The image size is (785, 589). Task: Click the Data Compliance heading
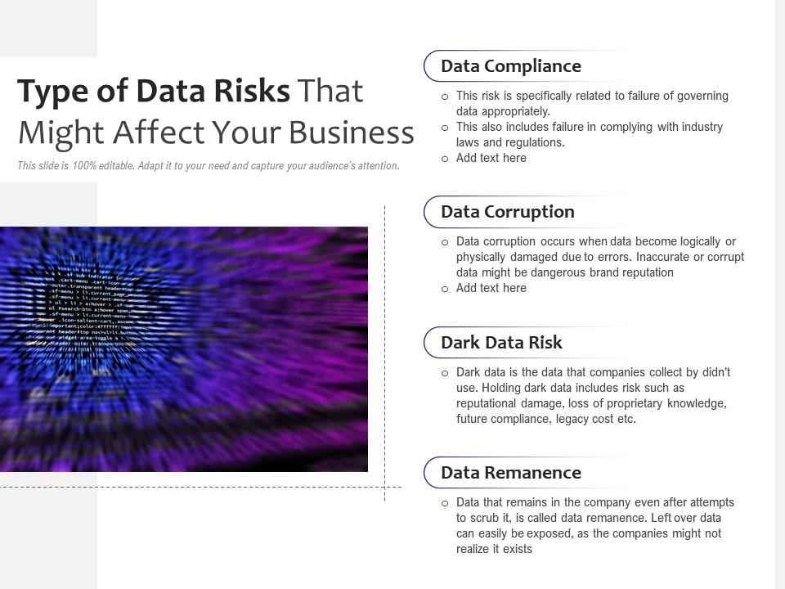coord(510,66)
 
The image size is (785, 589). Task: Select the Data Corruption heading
coord(507,212)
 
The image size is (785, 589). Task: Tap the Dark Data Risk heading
coord(501,343)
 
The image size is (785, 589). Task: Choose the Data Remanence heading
coord(510,473)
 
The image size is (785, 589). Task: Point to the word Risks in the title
coord(252,91)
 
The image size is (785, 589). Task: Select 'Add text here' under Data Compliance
coord(491,158)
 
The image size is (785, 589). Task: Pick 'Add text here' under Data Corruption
coord(491,288)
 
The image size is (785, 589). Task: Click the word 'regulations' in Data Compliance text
coord(534,142)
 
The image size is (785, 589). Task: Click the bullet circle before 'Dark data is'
coord(445,373)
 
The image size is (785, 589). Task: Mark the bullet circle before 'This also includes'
coord(445,128)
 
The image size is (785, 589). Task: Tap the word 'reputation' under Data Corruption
coord(644,272)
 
